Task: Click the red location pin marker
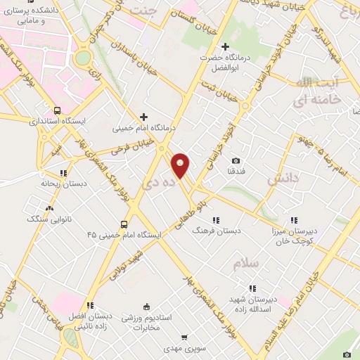coord(181,165)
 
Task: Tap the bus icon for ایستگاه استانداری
coord(57,110)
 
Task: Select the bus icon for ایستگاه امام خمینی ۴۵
coord(124,224)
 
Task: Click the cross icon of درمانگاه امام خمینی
coord(143,117)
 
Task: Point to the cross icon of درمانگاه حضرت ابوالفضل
coord(225,46)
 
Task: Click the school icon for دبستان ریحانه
coord(63,172)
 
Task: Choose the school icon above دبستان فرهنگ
coord(216,219)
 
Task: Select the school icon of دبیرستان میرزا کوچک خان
coord(294,219)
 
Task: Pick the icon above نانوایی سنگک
coord(49,209)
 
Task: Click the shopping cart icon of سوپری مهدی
coord(185,337)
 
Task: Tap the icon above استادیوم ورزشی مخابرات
coord(146,306)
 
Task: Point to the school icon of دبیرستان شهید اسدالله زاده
coord(252,288)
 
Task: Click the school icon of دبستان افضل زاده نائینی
coord(90,305)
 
